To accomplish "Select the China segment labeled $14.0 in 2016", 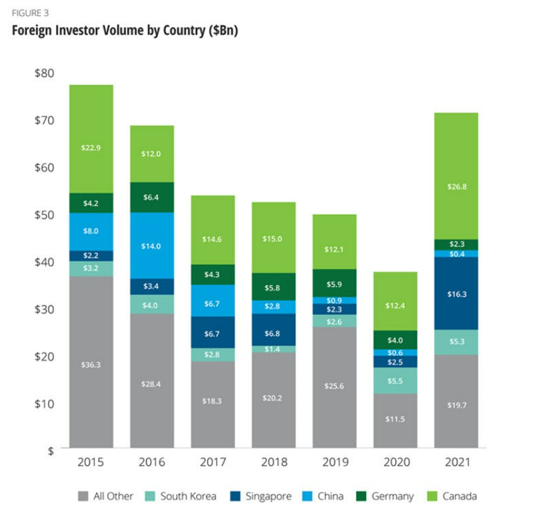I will pyautogui.click(x=152, y=245).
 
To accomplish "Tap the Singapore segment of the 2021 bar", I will pyautogui.click(x=455, y=293).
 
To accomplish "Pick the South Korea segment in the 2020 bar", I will pyautogui.click(x=395, y=381).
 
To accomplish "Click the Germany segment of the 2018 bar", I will pyautogui.click(x=274, y=286).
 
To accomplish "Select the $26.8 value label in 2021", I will pyautogui.click(x=455, y=187).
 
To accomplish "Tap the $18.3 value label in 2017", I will pyautogui.click(x=213, y=401).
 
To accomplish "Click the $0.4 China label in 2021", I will pyautogui.click(x=455, y=253).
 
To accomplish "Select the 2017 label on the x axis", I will pyautogui.click(x=213, y=463).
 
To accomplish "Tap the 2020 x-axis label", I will pyautogui.click(x=395, y=463).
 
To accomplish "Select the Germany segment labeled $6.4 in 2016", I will pyautogui.click(x=152, y=197).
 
